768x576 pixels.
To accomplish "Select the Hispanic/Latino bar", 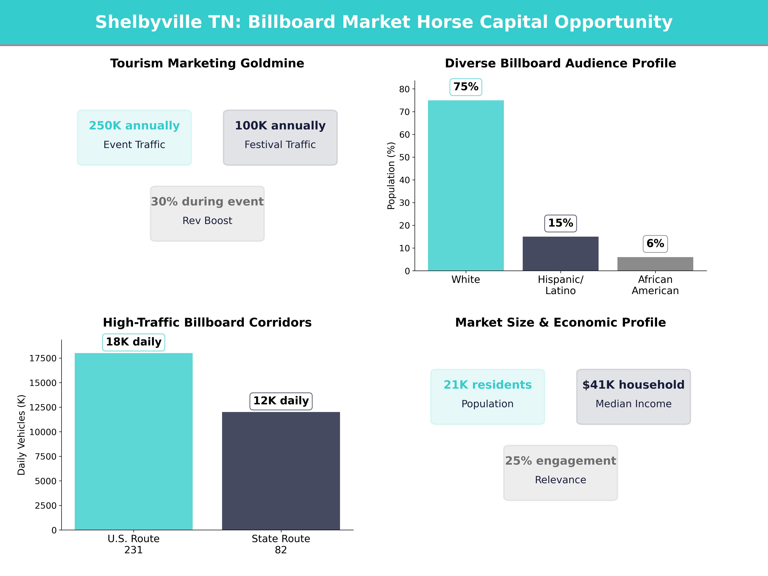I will [560, 253].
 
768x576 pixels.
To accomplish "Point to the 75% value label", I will [466, 87].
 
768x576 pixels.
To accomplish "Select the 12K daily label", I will [281, 401].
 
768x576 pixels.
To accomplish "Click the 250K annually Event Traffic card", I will [134, 137].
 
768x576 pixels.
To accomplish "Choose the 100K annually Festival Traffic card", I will [280, 137].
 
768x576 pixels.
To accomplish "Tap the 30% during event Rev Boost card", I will [207, 214].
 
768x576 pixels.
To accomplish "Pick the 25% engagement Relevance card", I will [560, 473].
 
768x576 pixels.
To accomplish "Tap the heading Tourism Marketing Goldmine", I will [207, 64].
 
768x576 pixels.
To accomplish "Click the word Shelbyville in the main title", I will [149, 22].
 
